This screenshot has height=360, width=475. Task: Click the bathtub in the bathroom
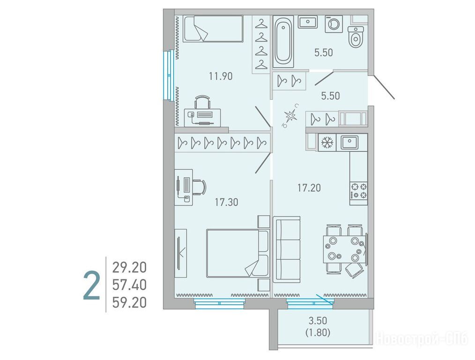(283, 42)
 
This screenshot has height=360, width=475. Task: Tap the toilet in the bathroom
(356, 37)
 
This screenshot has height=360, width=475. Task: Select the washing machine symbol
(334, 24)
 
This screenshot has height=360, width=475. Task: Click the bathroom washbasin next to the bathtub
(307, 22)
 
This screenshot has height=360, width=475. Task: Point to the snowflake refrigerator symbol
(327, 142)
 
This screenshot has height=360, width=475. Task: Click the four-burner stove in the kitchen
(359, 190)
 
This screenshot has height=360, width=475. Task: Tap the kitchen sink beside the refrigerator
(349, 142)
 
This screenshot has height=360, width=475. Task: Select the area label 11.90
(221, 76)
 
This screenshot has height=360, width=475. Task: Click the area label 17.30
(226, 202)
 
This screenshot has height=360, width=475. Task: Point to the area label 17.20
(309, 188)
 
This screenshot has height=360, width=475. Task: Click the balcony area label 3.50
(318, 320)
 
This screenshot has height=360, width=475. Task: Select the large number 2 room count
(91, 286)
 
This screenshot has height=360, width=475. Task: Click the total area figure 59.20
(129, 302)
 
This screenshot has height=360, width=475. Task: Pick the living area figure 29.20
(129, 267)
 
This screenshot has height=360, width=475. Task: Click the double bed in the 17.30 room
(238, 253)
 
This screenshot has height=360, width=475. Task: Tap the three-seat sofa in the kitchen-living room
(287, 249)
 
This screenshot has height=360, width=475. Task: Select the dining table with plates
(344, 249)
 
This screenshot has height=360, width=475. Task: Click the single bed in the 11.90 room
(214, 28)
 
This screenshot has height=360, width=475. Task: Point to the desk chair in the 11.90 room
(202, 102)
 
